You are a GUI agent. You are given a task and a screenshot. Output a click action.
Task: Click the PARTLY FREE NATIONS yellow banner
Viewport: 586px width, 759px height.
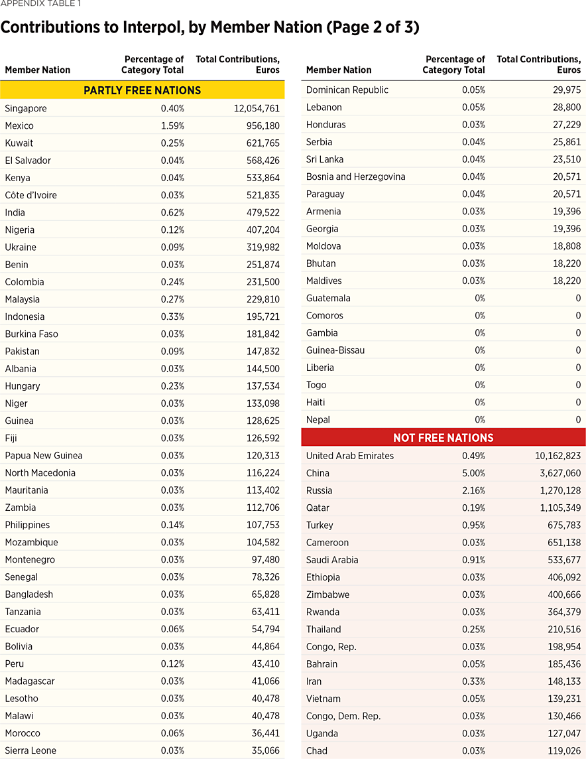pos(142,90)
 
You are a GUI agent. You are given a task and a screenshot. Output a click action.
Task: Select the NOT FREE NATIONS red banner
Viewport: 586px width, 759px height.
pos(443,438)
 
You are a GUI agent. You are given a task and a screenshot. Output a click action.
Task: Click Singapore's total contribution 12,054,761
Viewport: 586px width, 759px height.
pos(257,108)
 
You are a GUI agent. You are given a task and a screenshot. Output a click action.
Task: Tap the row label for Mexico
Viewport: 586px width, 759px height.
pos(19,125)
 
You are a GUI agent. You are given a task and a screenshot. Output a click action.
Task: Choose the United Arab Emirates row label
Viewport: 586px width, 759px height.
pos(350,456)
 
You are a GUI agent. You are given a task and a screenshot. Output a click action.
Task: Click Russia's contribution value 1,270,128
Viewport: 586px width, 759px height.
pos(556,490)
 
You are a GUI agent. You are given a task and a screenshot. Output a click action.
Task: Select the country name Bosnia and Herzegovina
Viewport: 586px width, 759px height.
pos(355,176)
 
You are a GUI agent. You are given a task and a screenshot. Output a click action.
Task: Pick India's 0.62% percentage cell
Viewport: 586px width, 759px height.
pos(172,212)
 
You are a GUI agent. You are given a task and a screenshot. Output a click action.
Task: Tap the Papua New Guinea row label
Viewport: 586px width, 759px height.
pos(44,455)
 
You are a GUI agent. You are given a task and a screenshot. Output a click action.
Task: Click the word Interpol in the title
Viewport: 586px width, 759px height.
pos(141,28)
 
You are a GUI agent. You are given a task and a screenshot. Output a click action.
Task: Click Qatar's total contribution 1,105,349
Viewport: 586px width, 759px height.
pos(556,508)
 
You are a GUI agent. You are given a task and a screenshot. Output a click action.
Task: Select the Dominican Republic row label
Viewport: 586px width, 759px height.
pos(347,90)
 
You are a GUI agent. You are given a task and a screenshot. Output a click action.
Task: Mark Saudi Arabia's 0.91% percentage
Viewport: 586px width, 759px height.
pos(473,559)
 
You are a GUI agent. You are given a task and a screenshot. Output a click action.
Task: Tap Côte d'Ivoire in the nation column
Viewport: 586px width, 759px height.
pos(31,195)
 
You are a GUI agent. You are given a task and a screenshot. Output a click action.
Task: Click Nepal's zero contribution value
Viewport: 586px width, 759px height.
pos(578,419)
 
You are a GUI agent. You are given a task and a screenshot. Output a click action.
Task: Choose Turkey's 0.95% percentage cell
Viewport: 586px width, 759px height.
pos(473,525)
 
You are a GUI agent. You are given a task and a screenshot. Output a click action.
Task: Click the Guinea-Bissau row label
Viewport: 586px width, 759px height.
pos(335,350)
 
